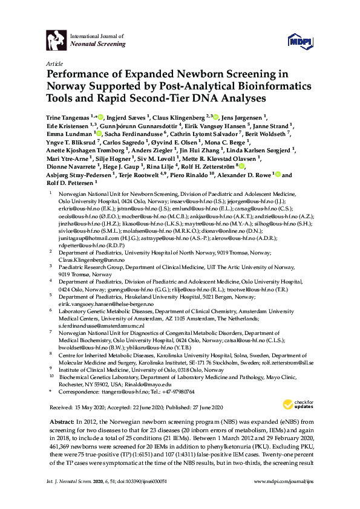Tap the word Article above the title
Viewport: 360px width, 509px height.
click(x=54, y=63)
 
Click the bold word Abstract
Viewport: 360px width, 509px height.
click(x=60, y=421)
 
